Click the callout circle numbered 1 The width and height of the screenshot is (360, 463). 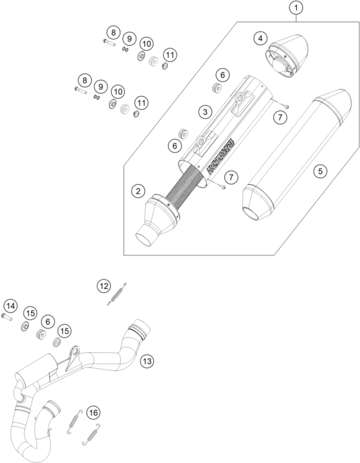click(296, 8)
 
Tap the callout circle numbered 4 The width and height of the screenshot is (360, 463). click(261, 38)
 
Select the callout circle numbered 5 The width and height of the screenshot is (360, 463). click(320, 171)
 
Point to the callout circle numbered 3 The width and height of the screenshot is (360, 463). click(205, 112)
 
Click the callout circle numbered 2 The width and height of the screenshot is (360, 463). click(138, 191)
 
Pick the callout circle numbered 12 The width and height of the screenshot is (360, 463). click(104, 286)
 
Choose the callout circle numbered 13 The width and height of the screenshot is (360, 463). click(147, 361)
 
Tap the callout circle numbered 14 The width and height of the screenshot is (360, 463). click(10, 306)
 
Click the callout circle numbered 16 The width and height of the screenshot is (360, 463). click(93, 412)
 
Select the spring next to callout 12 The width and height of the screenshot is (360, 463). click(117, 294)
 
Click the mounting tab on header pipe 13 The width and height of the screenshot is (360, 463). click(73, 358)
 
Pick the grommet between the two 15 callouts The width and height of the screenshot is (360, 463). click(40, 335)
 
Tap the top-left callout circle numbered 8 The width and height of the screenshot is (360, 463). click(114, 32)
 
